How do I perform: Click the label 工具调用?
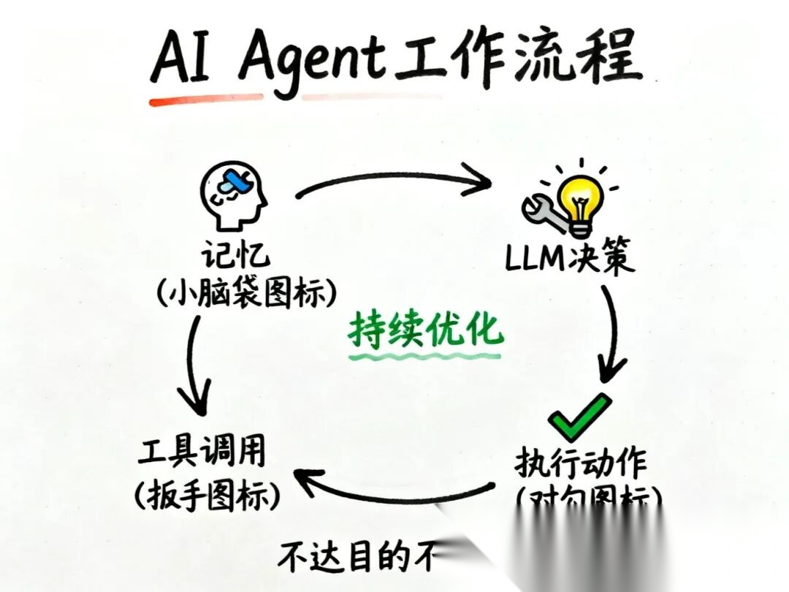[202, 456]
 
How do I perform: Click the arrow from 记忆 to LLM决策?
[394, 179]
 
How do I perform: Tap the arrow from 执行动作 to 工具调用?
[394, 491]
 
